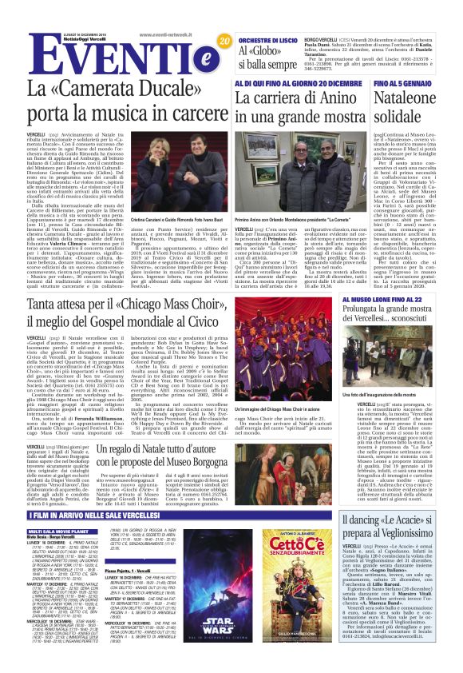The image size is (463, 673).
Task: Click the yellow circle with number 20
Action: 224,41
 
